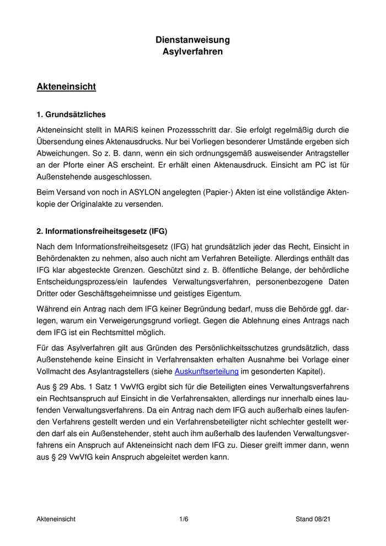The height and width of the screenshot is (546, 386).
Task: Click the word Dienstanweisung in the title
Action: (x=192, y=40)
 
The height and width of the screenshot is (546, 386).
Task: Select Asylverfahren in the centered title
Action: (x=192, y=52)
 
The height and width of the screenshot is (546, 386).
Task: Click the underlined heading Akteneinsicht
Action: (x=66, y=87)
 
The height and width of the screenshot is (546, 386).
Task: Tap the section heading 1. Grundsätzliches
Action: (x=71, y=115)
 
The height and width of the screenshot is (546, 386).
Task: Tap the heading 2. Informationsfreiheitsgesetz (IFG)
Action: (x=101, y=231)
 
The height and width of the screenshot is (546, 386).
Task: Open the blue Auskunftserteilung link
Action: (x=206, y=371)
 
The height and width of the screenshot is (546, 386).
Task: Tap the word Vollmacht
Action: (x=56, y=371)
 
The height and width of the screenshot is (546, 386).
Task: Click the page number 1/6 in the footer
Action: (x=184, y=519)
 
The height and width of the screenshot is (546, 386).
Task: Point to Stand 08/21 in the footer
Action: (x=313, y=519)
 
